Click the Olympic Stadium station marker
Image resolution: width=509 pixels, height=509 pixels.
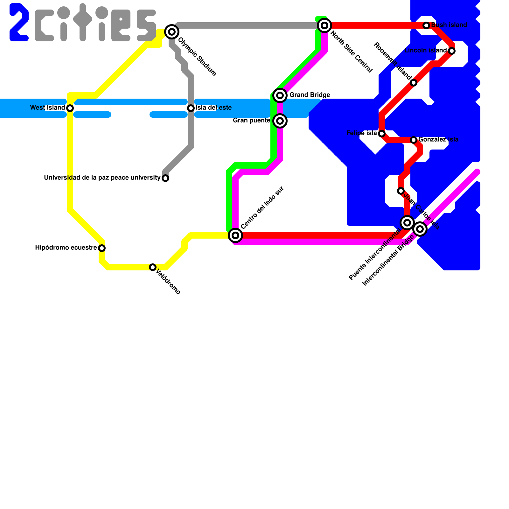pyautogui.click(x=172, y=31)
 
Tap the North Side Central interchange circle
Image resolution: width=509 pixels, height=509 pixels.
pyautogui.click(x=324, y=25)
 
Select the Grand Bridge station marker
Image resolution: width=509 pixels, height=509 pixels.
pyautogui.click(x=280, y=95)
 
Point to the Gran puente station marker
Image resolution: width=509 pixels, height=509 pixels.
pyautogui.click(x=280, y=121)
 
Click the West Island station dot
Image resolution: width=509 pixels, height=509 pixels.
pyautogui.click(x=70, y=108)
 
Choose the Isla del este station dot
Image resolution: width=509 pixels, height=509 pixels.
pyautogui.click(x=191, y=108)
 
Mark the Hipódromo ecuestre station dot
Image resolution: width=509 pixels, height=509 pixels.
pyautogui.click(x=102, y=248)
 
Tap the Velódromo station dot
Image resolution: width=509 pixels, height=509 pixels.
pyautogui.click(x=153, y=267)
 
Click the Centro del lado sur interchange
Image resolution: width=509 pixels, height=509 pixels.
pyautogui.click(x=235, y=235)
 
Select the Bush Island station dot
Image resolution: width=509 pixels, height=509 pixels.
pyautogui.click(x=426, y=25)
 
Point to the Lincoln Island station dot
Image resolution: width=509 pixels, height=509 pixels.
pyautogui.click(x=452, y=51)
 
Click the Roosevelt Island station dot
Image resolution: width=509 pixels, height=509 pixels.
pyautogui.click(x=414, y=83)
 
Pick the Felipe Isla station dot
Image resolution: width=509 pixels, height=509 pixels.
pyautogui.click(x=382, y=134)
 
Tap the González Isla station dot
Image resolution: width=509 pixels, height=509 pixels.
pyautogui.click(x=414, y=140)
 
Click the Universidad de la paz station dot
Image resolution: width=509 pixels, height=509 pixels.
pyautogui.click(x=165, y=178)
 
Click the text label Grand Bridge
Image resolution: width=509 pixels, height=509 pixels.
pyautogui.click(x=310, y=95)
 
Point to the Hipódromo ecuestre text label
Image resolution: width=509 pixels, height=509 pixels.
pyautogui.click(x=66, y=248)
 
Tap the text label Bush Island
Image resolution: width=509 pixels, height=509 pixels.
pyautogui.click(x=449, y=25)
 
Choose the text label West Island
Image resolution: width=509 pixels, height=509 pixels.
pyautogui.click(x=47, y=108)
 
